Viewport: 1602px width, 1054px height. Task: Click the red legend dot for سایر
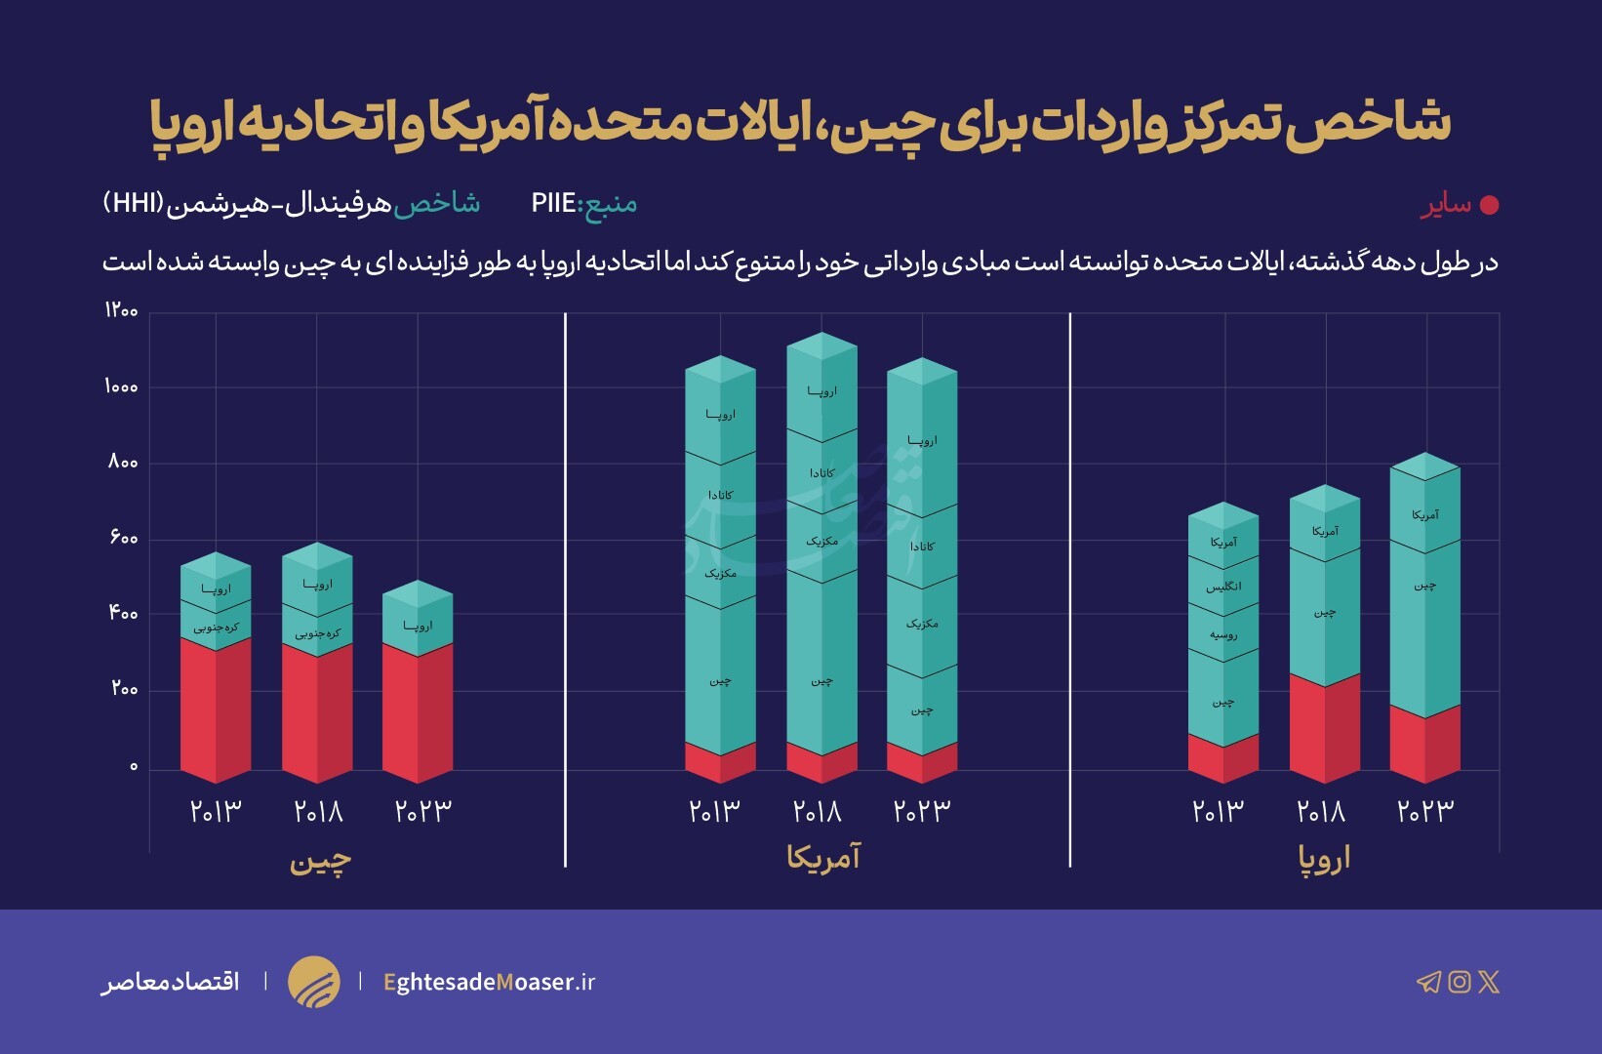pyautogui.click(x=1489, y=205)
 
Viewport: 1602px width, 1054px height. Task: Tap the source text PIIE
pyautogui.click(x=553, y=203)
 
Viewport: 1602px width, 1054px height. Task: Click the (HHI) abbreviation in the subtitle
pyautogui.click(x=133, y=203)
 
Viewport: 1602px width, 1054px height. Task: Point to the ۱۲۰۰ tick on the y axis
pyautogui.click(x=122, y=310)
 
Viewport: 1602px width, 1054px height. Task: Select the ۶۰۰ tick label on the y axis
pyautogui.click(x=123, y=538)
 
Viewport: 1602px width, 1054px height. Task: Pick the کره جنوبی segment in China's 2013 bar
pyautogui.click(x=216, y=628)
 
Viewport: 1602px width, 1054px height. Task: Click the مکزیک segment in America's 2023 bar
pyautogui.click(x=922, y=623)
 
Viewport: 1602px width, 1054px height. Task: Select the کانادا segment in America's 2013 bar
pyautogui.click(x=720, y=496)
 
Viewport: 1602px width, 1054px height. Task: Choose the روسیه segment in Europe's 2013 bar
pyautogui.click(x=1223, y=634)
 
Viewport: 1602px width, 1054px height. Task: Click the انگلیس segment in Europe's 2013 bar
pyautogui.click(x=1223, y=587)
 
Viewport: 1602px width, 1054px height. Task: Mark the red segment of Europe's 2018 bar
pyautogui.click(x=1325, y=727)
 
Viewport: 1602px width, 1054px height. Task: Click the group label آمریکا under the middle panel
pyautogui.click(x=823, y=858)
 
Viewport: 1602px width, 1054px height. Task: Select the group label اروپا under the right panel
pyautogui.click(x=1324, y=859)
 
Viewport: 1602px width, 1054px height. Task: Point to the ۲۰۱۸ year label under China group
pyautogui.click(x=318, y=811)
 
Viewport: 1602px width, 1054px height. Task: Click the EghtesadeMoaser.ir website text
pyautogui.click(x=489, y=982)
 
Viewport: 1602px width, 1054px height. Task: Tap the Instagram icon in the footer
pyautogui.click(x=1459, y=982)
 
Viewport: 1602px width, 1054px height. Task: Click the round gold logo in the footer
pyautogui.click(x=314, y=982)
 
